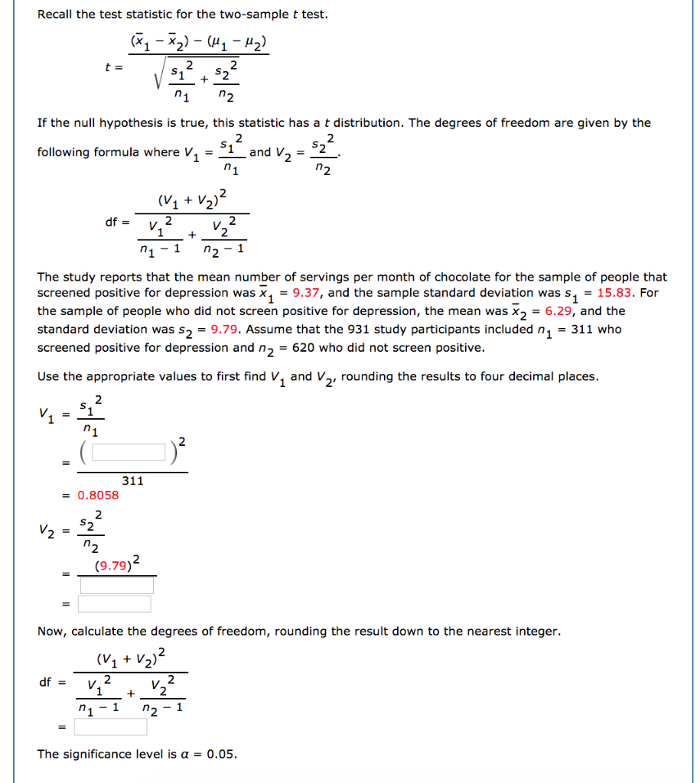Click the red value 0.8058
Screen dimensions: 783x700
point(98,495)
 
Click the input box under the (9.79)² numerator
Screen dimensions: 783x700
point(116,586)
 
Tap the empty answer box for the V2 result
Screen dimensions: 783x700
point(114,604)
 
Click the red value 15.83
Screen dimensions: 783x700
point(620,293)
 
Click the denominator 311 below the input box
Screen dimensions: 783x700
point(132,481)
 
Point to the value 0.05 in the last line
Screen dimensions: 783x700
point(222,755)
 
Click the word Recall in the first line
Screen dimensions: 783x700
point(56,15)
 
